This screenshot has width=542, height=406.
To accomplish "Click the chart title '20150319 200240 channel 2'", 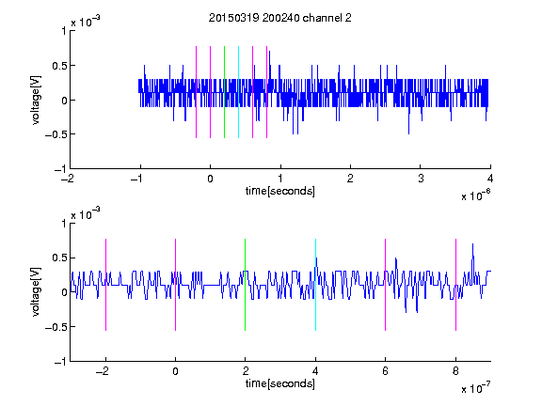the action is coord(280,18).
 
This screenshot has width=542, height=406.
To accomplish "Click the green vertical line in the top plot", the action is coord(224,92).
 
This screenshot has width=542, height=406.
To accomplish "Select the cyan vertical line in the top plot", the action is coord(238,92).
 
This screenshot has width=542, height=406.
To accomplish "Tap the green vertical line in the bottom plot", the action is coord(245,285).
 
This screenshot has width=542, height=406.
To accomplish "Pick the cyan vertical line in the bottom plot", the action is coord(315,285).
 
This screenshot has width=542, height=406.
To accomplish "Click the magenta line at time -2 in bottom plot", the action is coord(105,285).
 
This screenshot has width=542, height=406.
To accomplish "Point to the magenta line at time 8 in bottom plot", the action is coord(455,285).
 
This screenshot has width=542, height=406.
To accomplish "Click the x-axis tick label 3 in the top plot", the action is coord(421,179).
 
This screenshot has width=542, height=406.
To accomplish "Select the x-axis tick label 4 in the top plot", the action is coord(490,179).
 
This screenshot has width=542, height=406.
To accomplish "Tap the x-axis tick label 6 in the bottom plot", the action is coord(386,371).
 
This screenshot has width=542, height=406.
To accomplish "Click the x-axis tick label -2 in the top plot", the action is coord(68,179).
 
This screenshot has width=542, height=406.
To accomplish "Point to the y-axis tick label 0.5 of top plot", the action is coord(59,66).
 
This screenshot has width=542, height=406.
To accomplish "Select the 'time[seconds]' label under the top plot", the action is coord(280,191).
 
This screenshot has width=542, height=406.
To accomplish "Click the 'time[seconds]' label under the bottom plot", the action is coord(280,383).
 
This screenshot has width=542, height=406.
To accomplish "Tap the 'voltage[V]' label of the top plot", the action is coord(36,100).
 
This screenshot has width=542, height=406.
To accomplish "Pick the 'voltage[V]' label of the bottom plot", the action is coord(36,291).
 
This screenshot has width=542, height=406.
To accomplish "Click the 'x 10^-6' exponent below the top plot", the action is coord(475,195).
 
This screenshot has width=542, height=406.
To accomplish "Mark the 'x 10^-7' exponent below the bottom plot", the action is coord(475,387).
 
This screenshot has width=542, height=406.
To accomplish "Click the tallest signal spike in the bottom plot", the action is coord(472,243).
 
